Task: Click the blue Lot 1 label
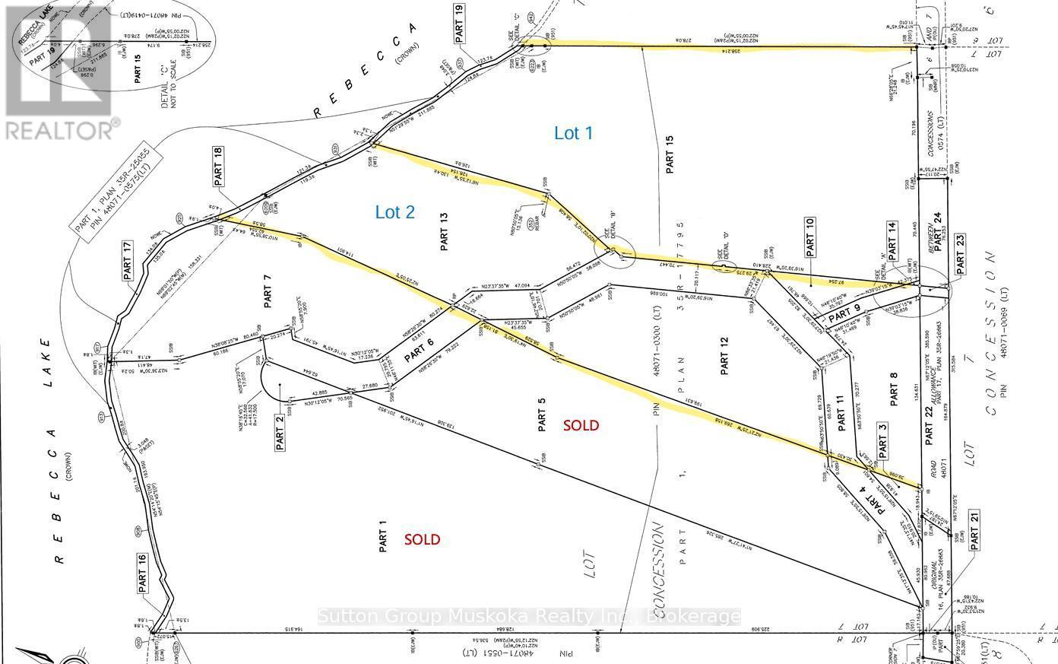pos(573,133)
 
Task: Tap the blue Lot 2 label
pos(395,212)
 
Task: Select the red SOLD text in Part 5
pos(581,425)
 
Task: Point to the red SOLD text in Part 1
pos(422,539)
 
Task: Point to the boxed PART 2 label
pos(280,432)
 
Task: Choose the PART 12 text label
pos(724,356)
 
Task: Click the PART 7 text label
pos(268,291)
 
